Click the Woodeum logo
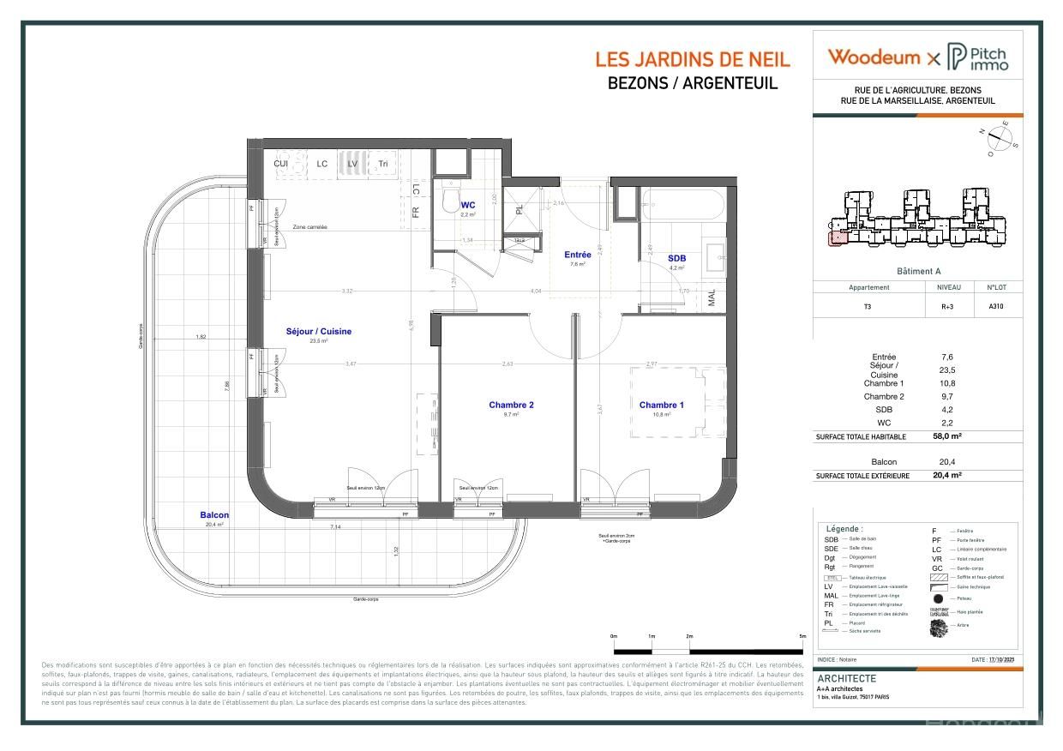(x=872, y=57)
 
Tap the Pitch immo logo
(x=978, y=58)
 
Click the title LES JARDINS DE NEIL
(x=693, y=60)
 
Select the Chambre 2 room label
(x=512, y=405)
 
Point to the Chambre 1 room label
(x=661, y=405)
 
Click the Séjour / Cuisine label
(x=318, y=331)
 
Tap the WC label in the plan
(x=468, y=206)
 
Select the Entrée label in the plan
(x=577, y=255)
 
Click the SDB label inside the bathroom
(x=676, y=258)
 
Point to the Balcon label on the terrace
(x=214, y=515)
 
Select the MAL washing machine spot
(x=712, y=297)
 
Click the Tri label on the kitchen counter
(x=383, y=164)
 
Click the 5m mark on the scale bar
(x=802, y=636)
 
